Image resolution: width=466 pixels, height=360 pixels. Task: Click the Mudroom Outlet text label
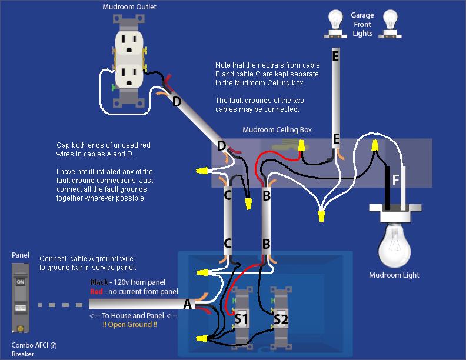tap(129, 7)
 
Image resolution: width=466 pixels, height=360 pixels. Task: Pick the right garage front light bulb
tap(390, 21)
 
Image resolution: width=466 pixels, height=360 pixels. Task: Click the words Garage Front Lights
tap(362, 24)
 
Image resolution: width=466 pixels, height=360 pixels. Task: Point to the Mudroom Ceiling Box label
tap(277, 129)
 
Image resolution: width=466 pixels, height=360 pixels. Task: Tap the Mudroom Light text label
tap(394, 275)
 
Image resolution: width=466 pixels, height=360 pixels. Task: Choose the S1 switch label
tap(241, 318)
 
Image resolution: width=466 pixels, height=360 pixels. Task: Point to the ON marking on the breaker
tap(21, 282)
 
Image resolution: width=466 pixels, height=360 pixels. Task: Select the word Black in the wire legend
tap(99, 282)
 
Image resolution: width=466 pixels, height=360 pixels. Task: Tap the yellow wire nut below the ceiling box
tap(321, 217)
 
